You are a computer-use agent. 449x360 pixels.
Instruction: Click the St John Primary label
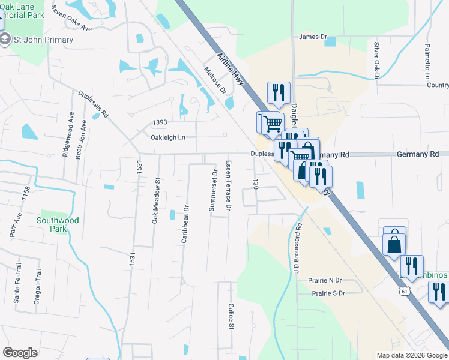tap(44, 40)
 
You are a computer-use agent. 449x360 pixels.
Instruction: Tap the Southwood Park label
tap(58, 224)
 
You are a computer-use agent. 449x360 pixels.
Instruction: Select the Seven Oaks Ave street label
tap(71, 19)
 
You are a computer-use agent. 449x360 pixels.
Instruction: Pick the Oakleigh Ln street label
tap(168, 137)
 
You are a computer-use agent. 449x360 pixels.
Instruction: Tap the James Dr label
tap(313, 37)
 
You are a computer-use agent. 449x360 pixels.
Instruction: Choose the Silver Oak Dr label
tap(377, 61)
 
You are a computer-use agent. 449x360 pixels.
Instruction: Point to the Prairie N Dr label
tap(327, 280)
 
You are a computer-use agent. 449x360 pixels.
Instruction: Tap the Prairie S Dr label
tap(328, 293)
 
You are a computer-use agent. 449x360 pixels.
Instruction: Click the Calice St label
tap(231, 316)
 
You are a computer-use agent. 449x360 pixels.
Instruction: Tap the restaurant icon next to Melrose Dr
tap(278, 92)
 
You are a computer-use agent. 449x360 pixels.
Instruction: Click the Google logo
tap(20, 353)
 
